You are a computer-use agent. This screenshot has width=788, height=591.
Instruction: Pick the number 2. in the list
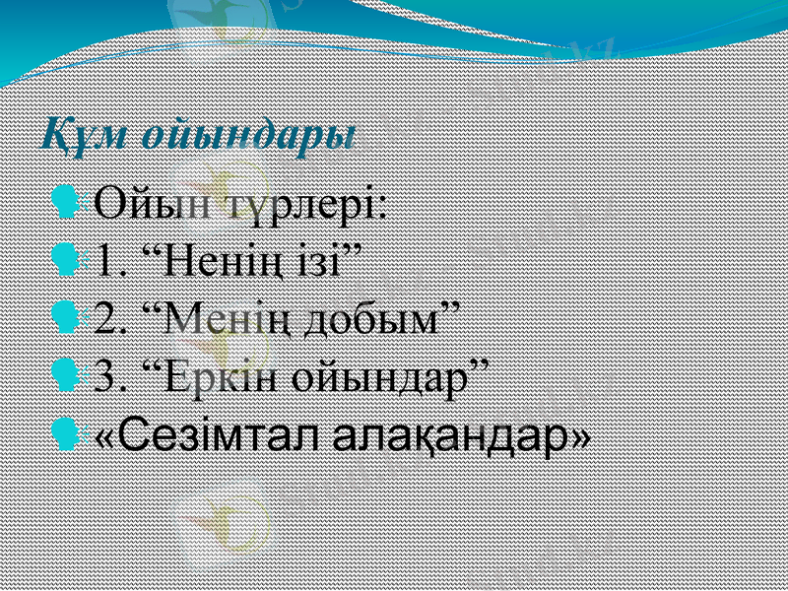click(112, 318)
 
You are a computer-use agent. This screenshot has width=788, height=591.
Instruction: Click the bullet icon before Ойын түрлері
click(69, 206)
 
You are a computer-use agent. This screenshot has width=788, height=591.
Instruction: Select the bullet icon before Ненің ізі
click(69, 262)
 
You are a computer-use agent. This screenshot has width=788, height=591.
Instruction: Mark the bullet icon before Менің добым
click(69, 318)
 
